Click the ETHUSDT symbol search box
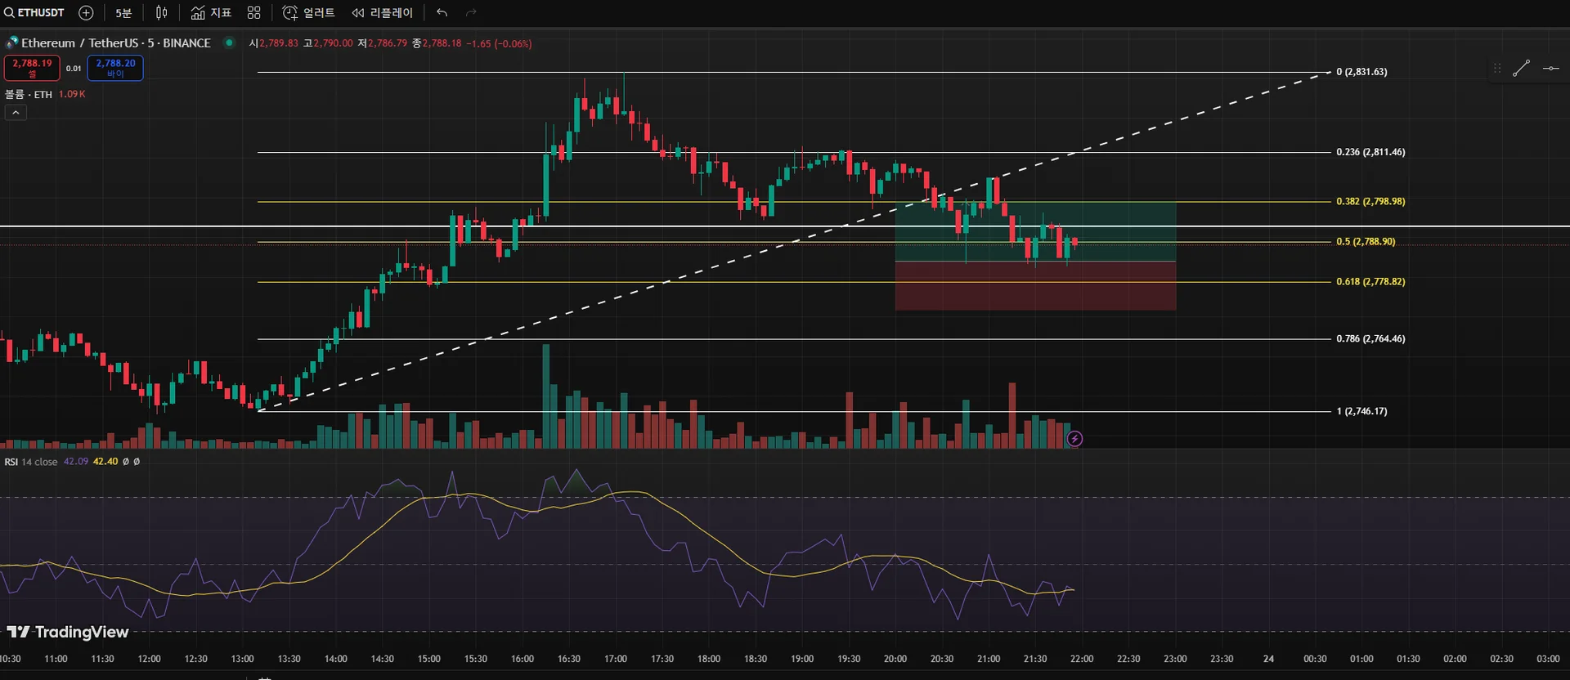click(x=34, y=13)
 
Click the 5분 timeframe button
click(x=123, y=13)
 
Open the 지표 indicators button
click(x=211, y=13)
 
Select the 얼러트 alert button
click(x=308, y=13)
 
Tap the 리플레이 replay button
click(x=383, y=13)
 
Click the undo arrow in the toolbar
click(x=442, y=13)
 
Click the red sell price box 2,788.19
click(x=32, y=67)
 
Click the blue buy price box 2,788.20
click(x=115, y=67)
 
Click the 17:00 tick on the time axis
click(x=616, y=659)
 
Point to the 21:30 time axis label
click(x=1035, y=659)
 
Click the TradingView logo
click(x=68, y=632)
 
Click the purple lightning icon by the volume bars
click(x=1074, y=439)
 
